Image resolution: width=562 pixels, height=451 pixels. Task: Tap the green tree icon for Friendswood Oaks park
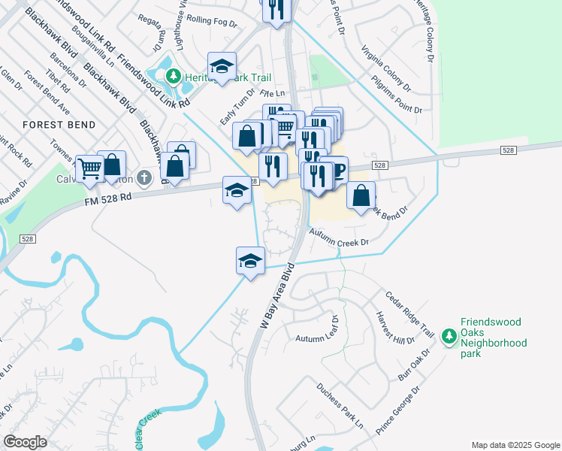[x=449, y=335]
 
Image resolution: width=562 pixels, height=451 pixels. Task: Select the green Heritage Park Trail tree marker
[x=174, y=76]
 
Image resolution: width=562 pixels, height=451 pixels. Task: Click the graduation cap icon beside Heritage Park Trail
[x=222, y=67]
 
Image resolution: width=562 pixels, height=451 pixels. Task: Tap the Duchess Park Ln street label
[x=340, y=410]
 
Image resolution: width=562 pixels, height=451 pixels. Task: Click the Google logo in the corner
[x=26, y=441]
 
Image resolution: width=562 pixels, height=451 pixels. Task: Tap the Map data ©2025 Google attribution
[x=515, y=445]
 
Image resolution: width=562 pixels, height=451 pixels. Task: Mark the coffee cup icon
[x=335, y=169]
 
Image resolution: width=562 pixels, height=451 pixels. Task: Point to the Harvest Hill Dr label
[x=390, y=328]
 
